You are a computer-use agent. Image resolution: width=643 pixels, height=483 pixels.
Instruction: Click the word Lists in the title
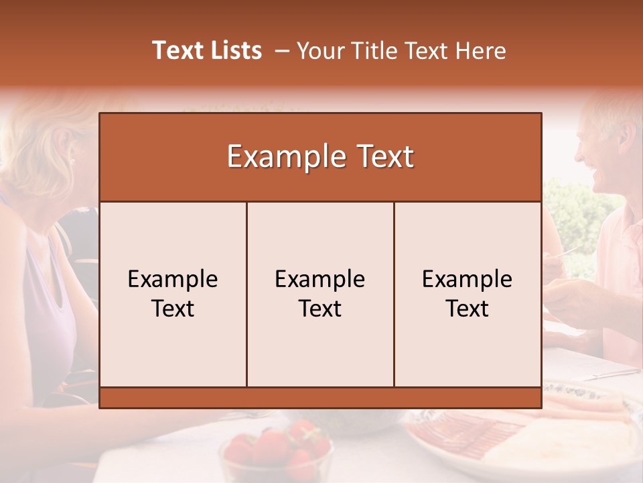234,50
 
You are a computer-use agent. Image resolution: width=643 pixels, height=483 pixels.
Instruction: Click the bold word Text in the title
177,50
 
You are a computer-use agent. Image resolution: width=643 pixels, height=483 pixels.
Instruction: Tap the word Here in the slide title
480,51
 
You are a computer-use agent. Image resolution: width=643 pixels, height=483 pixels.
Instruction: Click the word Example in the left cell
173,279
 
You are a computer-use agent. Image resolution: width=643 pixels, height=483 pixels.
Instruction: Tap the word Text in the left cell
173,309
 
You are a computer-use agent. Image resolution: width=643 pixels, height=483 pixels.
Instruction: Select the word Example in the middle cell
320,279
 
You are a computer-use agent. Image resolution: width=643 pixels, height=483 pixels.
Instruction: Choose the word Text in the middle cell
320,309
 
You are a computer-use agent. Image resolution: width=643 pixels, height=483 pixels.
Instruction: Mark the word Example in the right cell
468,279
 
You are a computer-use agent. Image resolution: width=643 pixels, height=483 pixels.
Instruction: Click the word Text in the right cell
468,309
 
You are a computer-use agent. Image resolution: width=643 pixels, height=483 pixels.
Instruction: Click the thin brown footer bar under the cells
320,398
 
